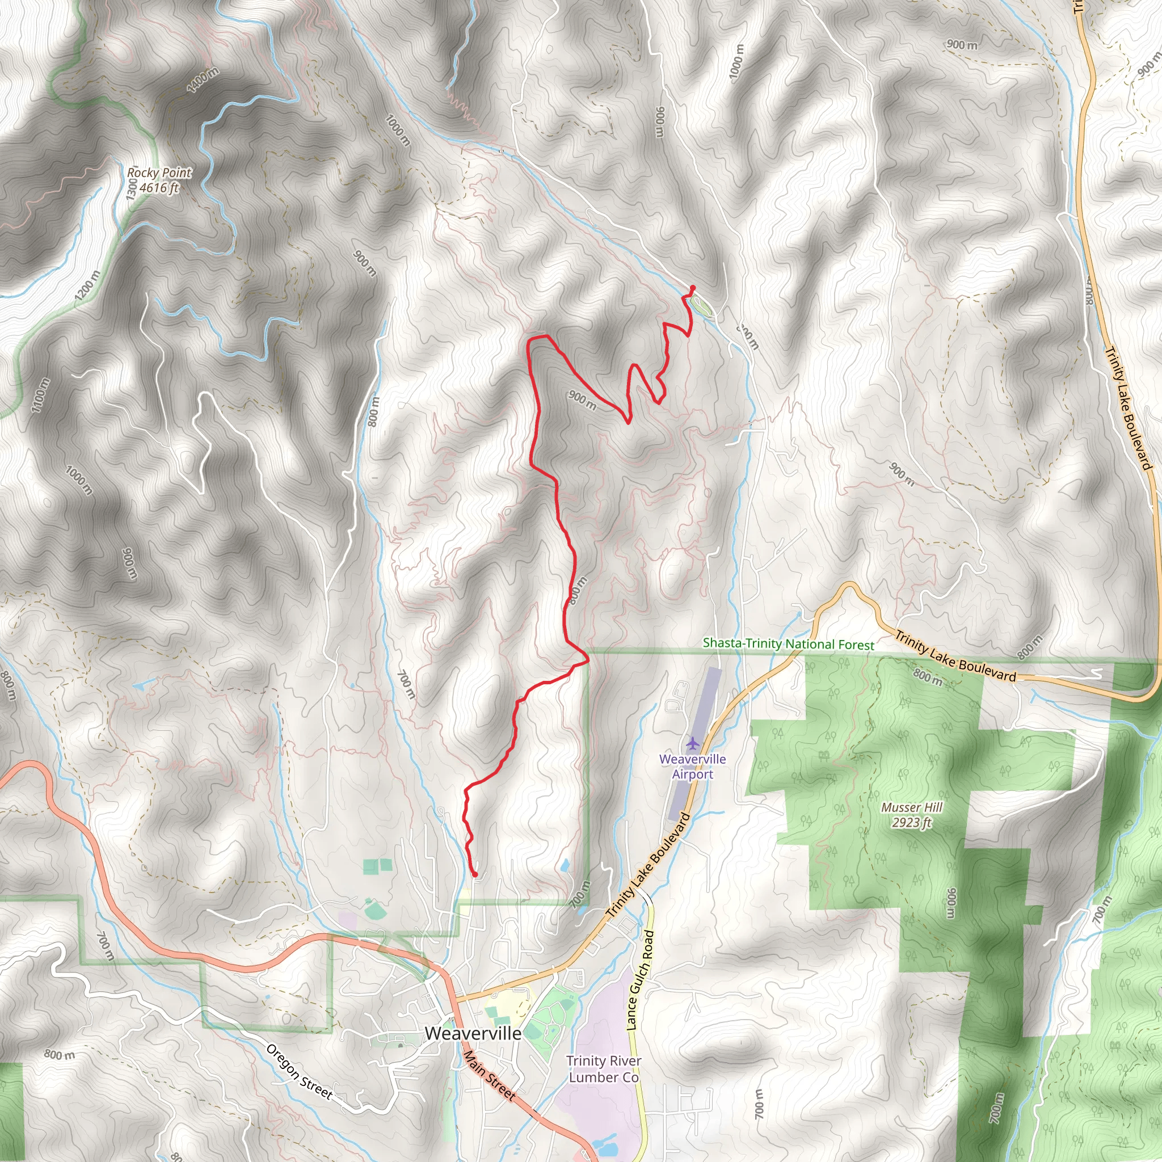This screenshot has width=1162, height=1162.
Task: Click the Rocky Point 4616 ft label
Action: point(159,180)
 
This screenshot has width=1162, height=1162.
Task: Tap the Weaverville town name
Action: point(473,1033)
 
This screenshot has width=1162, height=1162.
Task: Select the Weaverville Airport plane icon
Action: point(692,743)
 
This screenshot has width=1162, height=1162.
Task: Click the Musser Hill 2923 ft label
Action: point(912,815)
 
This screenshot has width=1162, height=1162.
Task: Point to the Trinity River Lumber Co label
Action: point(603,1069)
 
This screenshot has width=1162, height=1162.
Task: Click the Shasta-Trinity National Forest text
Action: point(788,643)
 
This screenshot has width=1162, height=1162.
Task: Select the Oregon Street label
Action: point(299,1072)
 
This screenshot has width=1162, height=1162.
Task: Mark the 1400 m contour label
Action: point(203,80)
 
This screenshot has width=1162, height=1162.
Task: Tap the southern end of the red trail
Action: point(475,874)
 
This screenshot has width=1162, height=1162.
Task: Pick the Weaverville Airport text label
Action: point(692,767)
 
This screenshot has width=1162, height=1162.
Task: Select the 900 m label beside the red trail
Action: point(582,401)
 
